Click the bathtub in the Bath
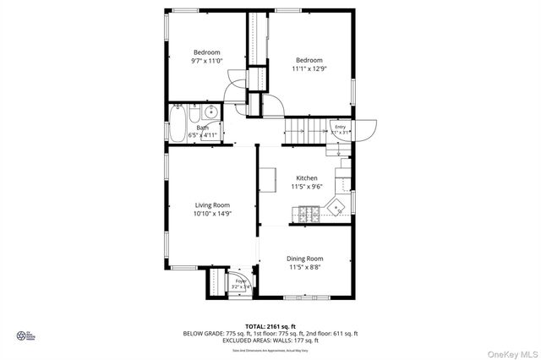[x=178, y=124]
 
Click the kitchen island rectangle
[x=267, y=180]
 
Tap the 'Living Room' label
[x=212, y=205]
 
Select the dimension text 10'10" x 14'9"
[x=212, y=215]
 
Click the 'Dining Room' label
[x=304, y=259]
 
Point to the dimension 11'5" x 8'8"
[x=304, y=268]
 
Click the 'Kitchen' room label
[x=306, y=178]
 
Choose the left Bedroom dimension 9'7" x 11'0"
[x=206, y=61]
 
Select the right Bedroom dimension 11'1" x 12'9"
[x=309, y=69]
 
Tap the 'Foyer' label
[x=241, y=281]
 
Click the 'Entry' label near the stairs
[x=341, y=127]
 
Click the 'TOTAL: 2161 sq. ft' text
[x=270, y=325]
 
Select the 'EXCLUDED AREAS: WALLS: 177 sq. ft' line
[x=270, y=341]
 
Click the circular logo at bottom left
[x=22, y=335]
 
